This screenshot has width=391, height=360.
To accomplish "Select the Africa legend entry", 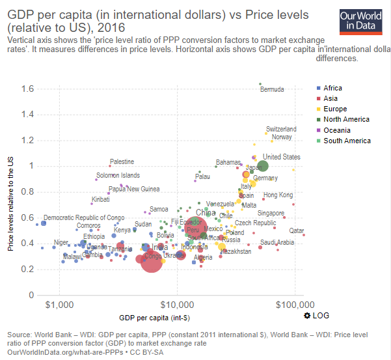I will tap(332, 88).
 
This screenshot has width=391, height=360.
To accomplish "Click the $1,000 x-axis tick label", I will tap(61, 304).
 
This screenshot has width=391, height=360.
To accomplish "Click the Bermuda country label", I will tap(272, 90).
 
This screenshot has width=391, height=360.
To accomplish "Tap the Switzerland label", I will tap(281, 130).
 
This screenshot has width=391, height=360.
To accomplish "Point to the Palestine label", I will tap(122, 161).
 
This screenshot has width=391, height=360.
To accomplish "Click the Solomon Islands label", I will tap(118, 176).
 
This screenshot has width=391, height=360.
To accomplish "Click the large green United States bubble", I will tap(262, 166).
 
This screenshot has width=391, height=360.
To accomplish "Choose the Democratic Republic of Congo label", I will tap(84, 217).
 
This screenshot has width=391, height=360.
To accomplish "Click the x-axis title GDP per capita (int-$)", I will tap(155, 318).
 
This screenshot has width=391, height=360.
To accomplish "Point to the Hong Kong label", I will tap(278, 195).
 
